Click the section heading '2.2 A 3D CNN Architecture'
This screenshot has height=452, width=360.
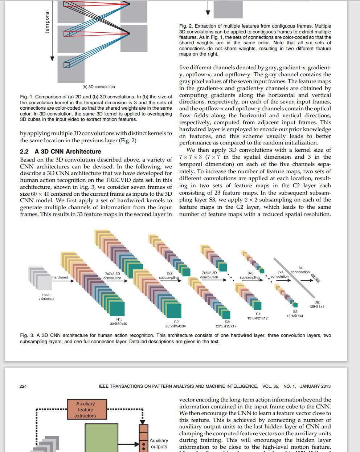coord(61,151)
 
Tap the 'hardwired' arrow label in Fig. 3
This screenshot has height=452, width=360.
coord(60,277)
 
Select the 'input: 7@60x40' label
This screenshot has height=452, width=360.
coord(46,297)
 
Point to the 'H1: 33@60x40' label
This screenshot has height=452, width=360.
coord(119,321)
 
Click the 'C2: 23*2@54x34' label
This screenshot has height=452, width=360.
coord(176,324)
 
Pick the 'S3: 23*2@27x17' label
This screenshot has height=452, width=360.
coord(226,324)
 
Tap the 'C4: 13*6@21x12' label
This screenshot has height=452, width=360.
coord(258,316)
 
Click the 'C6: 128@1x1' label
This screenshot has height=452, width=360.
coord(316,304)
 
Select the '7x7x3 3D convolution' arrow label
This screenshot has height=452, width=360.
coord(112,276)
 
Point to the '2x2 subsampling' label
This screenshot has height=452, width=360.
coord(169,276)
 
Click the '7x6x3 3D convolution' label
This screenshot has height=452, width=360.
coord(209,275)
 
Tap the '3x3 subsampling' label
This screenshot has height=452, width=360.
coord(250,275)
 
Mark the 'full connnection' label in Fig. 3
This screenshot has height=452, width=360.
coord(300,270)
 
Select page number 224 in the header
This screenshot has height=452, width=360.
coord(23,386)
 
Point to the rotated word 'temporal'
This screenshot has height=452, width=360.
coord(47,22)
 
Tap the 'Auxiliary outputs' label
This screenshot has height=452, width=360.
coord(159,443)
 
